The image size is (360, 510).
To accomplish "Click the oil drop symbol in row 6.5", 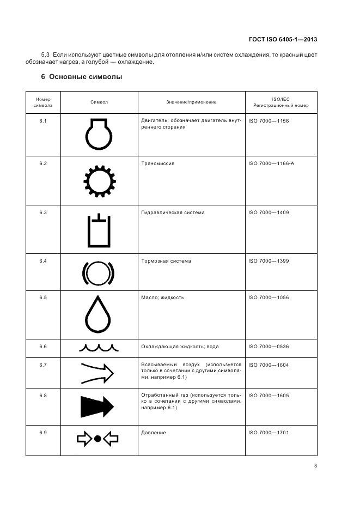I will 99,314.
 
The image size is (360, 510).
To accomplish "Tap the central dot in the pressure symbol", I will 98,438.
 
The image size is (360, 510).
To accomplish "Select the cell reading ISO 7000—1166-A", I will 271,163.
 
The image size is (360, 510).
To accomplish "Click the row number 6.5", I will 43,297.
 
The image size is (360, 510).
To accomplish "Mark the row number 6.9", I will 43,433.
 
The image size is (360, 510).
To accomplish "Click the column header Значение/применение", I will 191,102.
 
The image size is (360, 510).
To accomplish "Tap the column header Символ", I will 99,102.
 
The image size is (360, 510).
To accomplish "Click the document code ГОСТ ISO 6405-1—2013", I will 283,39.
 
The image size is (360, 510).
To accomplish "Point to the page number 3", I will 315,465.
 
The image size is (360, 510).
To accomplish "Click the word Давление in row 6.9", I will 154,433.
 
